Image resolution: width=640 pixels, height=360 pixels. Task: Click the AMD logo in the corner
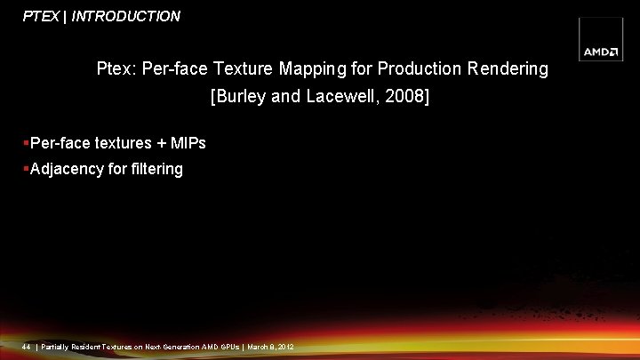(x=601, y=52)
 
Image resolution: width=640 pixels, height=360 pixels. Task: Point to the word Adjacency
(x=67, y=169)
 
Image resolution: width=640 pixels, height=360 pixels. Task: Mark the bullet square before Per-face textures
(x=27, y=142)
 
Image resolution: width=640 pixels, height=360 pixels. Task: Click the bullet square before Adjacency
(x=27, y=169)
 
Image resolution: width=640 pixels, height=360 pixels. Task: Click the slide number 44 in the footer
(x=28, y=346)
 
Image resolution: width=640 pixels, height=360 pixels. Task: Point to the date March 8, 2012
(x=271, y=346)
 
